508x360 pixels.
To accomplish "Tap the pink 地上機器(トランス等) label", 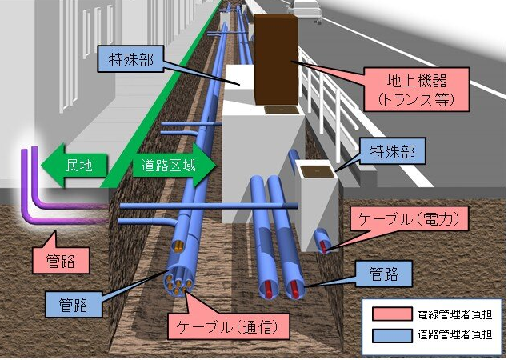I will [409, 88].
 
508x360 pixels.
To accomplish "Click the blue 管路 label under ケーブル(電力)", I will [390, 273].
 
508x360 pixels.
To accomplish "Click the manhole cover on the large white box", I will [276, 110].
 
